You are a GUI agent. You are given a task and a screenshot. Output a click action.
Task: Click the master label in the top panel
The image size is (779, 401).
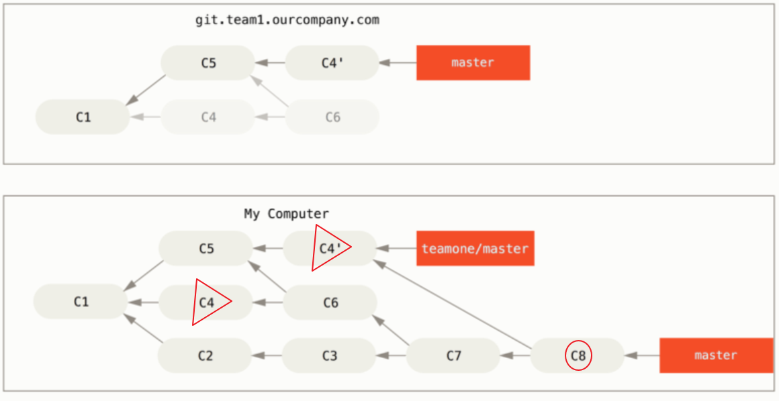pyautogui.click(x=473, y=63)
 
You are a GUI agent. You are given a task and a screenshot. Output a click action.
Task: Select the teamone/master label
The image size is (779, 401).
pyautogui.click(x=475, y=249)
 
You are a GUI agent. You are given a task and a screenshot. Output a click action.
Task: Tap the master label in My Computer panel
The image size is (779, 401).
pyautogui.click(x=716, y=355)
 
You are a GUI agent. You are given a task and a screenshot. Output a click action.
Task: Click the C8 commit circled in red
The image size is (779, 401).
pyautogui.click(x=578, y=356)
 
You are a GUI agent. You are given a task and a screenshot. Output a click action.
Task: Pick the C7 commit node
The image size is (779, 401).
pyautogui.click(x=453, y=355)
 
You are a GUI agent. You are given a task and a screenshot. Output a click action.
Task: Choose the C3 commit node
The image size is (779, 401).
pyautogui.click(x=329, y=355)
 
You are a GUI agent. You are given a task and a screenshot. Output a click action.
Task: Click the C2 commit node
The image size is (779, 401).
pyautogui.click(x=205, y=355)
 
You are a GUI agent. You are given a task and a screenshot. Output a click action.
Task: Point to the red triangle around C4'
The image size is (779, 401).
pyautogui.click(x=329, y=248)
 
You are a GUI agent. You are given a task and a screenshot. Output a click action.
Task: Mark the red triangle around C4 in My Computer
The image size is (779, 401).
pyautogui.click(x=208, y=302)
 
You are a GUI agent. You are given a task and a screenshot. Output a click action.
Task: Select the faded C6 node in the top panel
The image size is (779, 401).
pyautogui.click(x=332, y=117)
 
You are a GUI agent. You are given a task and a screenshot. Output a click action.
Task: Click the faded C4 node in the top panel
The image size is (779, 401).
pyautogui.click(x=208, y=117)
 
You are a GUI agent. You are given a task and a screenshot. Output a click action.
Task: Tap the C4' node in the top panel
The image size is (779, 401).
pyautogui.click(x=332, y=63)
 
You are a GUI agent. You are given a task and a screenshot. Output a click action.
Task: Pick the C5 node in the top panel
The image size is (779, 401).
pyautogui.click(x=208, y=63)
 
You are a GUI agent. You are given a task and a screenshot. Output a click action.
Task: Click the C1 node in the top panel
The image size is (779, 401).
pyautogui.click(x=83, y=117)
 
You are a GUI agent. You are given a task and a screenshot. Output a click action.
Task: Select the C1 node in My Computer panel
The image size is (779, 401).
pyautogui.click(x=81, y=302)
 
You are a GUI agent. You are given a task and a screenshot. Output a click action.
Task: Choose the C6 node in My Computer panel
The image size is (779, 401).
pyautogui.click(x=330, y=303)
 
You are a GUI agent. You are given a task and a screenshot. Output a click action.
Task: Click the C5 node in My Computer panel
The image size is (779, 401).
pyautogui.click(x=205, y=248)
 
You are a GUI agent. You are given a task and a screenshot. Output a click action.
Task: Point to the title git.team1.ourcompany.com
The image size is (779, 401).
pyautogui.click(x=287, y=20)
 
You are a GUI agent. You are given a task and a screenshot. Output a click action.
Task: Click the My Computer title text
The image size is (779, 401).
pyautogui.click(x=286, y=214)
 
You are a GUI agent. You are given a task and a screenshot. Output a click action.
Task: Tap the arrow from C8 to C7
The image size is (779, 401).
pyautogui.click(x=516, y=355)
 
